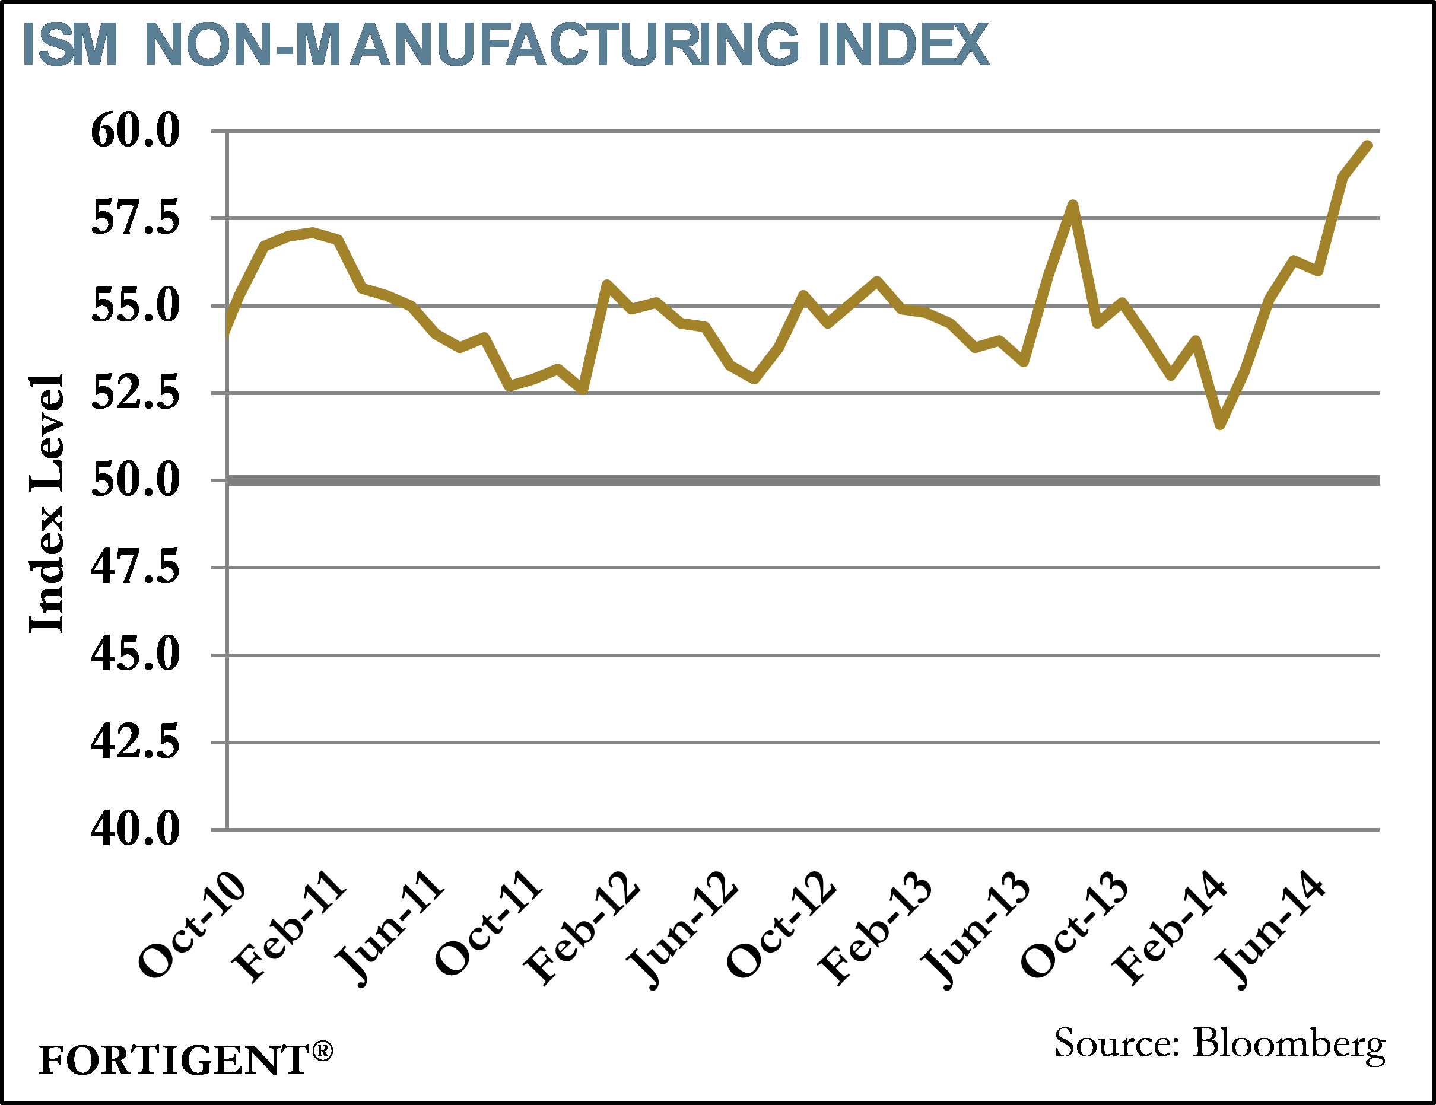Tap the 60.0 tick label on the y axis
(x=135, y=130)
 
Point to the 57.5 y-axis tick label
(x=135, y=218)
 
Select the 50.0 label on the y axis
(x=135, y=480)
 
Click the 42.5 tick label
(x=135, y=742)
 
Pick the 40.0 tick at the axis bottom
(x=135, y=829)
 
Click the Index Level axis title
(x=47, y=504)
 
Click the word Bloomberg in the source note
(x=1289, y=1044)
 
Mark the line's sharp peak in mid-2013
(x=1073, y=205)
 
